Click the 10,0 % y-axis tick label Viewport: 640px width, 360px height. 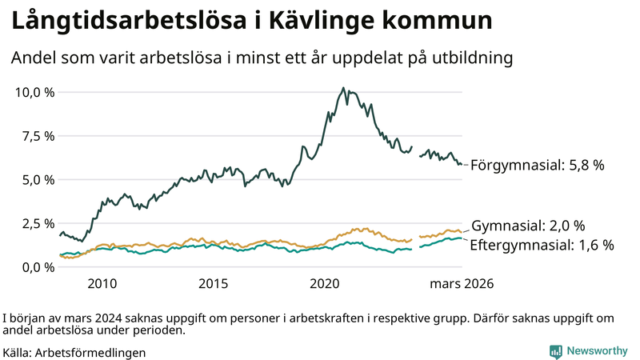click(x=35, y=92)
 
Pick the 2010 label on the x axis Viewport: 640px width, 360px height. click(x=102, y=284)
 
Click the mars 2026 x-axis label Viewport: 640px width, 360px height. click(x=462, y=284)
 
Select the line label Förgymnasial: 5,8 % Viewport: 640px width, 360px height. click(x=537, y=166)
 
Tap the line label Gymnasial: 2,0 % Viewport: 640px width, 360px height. click(x=529, y=226)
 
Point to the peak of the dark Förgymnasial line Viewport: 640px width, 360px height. click(x=342, y=88)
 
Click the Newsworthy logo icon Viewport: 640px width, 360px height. click(x=555, y=350)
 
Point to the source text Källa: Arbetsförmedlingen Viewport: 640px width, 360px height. click(x=74, y=352)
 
